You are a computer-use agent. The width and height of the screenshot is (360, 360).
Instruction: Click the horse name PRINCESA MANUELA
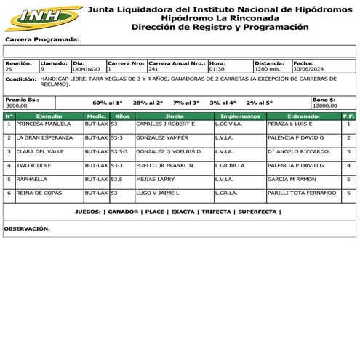click(44, 124)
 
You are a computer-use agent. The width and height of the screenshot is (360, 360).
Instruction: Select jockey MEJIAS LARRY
click(156, 178)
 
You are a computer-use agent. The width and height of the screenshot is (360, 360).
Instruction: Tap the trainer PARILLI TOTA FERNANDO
click(301, 193)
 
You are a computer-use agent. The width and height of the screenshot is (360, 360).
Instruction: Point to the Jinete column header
click(175, 116)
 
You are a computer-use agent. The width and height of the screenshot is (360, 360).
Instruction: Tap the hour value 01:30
click(217, 69)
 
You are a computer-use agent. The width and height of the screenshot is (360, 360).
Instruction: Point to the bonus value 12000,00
click(325, 105)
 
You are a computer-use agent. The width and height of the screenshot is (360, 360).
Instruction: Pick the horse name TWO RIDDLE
click(33, 165)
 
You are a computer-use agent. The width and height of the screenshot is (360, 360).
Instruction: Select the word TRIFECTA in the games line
click(217, 212)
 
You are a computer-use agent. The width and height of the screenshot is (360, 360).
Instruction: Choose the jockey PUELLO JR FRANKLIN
click(165, 165)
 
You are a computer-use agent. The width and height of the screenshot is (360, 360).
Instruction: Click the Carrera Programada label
click(42, 39)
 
